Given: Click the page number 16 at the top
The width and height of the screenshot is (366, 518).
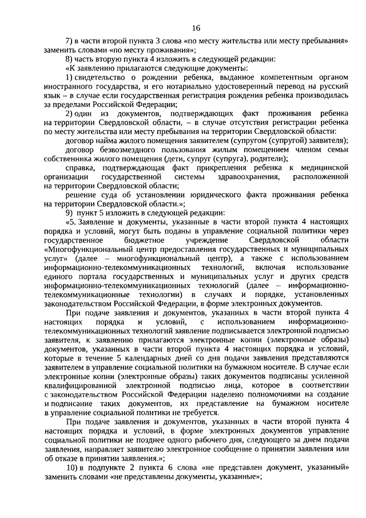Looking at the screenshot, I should click(x=196, y=28).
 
